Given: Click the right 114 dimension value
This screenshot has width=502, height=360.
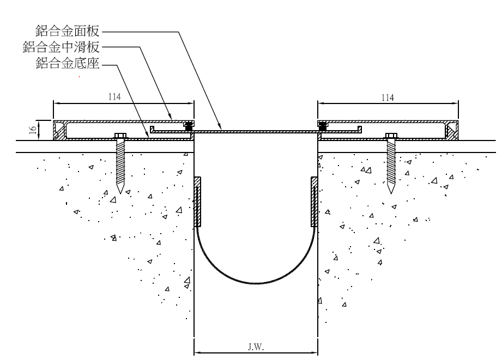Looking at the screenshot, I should coord(387,97).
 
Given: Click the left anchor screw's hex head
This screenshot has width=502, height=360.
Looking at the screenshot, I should coord(120,135).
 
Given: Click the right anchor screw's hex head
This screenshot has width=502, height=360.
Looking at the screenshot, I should coord(391,135).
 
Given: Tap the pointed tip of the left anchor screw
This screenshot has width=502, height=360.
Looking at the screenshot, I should coord(120,192).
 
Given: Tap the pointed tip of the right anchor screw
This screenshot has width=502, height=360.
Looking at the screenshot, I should coord(391,192).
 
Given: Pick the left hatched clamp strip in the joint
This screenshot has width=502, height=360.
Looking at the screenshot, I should coord(198,202).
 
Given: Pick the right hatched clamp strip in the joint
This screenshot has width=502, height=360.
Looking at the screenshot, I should coord(314,202).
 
